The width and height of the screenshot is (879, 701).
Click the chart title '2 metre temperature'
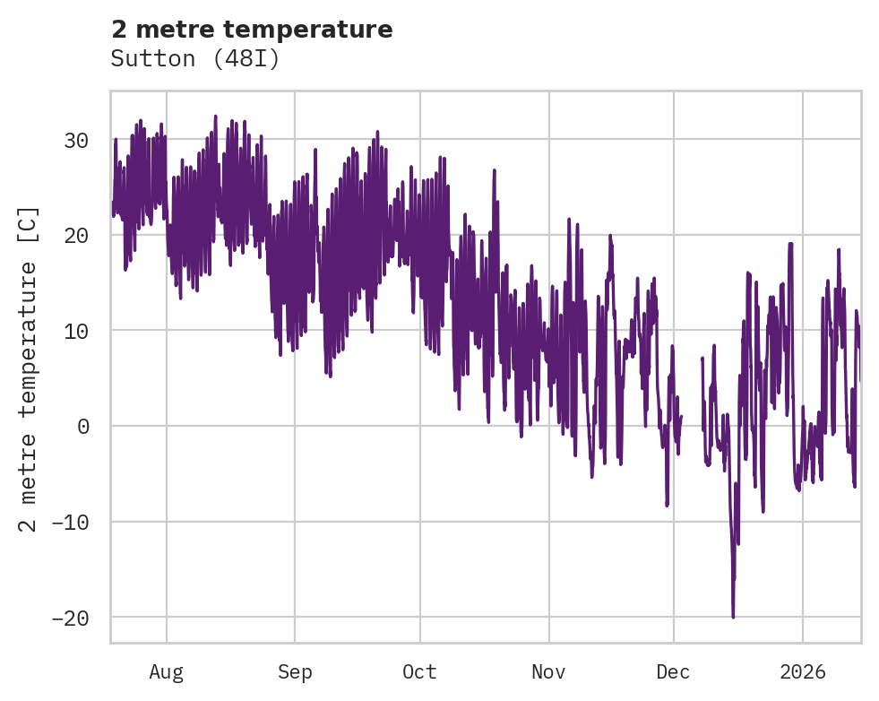coord(252,30)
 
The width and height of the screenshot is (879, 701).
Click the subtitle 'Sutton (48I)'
coord(195,59)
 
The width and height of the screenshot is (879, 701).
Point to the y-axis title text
coord(29,368)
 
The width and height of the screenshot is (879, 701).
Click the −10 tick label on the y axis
coord(72,522)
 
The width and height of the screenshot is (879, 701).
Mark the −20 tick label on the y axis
coord(72,618)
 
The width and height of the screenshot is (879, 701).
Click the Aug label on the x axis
coord(167,672)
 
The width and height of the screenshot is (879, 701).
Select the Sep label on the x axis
coord(295,672)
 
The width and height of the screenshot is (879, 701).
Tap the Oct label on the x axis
coord(419,672)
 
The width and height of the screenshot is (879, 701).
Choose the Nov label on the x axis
coord(548,672)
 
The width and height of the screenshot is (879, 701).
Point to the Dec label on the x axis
coord(673,672)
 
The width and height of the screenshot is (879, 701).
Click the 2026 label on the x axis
coord(803,672)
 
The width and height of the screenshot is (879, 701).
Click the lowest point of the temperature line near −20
coord(733,617)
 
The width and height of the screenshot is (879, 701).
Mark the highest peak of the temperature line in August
coord(216,116)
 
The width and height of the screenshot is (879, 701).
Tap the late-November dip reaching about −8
coord(667,506)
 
